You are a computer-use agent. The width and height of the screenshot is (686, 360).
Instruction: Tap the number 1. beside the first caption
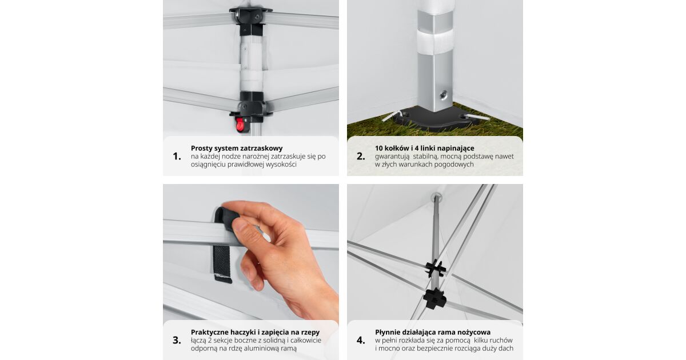[177, 157]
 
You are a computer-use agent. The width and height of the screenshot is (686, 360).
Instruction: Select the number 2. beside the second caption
[361, 157]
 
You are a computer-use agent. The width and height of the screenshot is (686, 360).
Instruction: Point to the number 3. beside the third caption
[177, 341]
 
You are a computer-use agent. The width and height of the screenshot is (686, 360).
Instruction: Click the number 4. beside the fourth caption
[361, 341]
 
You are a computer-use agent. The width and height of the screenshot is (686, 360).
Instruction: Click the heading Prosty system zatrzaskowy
[237, 149]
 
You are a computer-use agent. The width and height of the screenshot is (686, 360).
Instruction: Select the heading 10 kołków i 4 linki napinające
[424, 148]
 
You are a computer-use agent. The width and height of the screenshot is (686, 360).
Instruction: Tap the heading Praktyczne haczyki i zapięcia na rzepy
[255, 332]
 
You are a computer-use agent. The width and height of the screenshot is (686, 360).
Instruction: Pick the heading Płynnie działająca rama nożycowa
[433, 332]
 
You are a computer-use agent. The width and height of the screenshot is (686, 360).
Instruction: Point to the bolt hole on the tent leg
[443, 95]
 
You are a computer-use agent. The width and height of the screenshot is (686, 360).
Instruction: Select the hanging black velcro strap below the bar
[222, 263]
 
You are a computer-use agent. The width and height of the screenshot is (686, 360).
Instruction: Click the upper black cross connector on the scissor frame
[436, 268]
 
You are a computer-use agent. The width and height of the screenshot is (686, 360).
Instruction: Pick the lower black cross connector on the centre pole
[434, 298]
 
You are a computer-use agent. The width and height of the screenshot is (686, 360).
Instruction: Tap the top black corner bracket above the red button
[251, 17]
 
